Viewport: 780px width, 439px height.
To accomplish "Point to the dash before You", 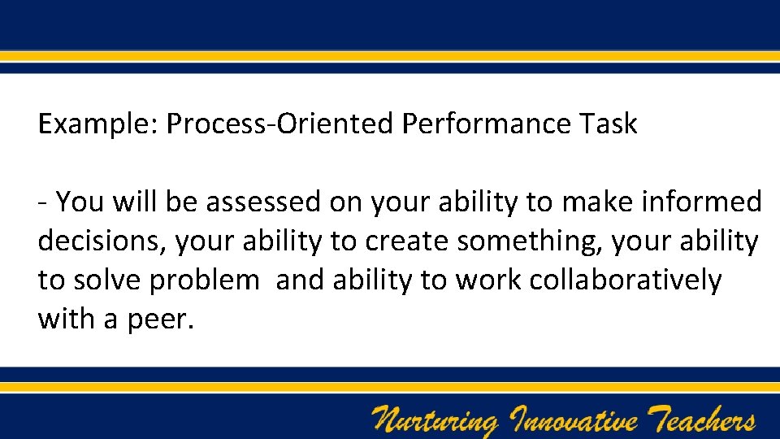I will (x=42, y=202).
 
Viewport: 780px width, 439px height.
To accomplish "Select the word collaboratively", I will (x=625, y=280).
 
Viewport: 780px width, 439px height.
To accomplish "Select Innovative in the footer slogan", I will (x=574, y=421).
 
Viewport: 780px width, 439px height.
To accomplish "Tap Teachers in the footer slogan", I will (x=704, y=420).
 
